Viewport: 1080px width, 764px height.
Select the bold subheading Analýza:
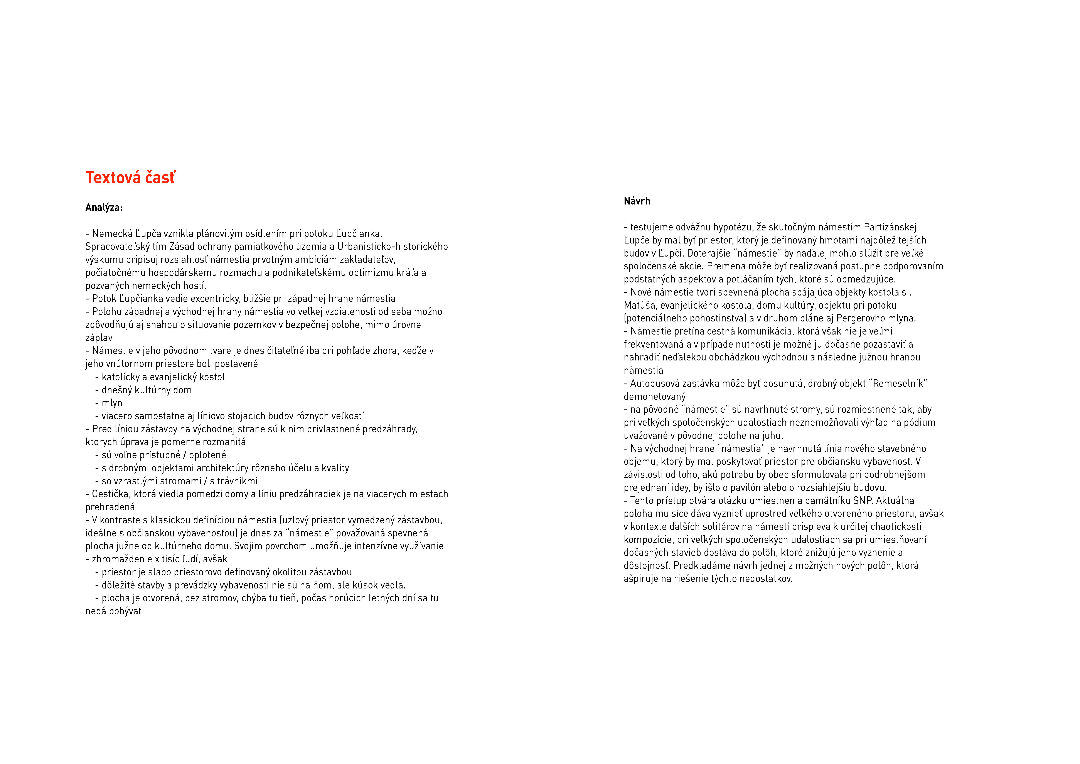click(104, 208)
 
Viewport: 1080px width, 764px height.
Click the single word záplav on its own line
click(99, 338)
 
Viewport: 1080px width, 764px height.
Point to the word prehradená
click(110, 507)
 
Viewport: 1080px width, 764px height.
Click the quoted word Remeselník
click(899, 383)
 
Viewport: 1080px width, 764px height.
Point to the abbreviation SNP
click(863, 500)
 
